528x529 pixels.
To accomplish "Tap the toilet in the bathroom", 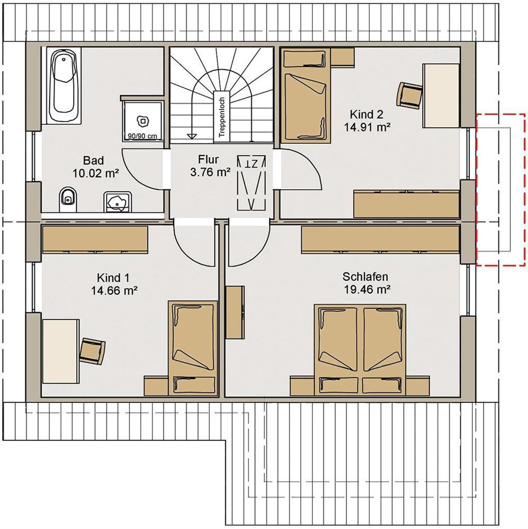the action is tap(69, 200).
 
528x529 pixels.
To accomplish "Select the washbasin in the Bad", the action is tap(118, 202).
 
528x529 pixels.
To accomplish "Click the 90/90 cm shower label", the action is tap(142, 136).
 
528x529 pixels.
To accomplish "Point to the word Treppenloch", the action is tap(222, 118).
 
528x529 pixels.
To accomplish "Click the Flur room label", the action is tap(208, 159).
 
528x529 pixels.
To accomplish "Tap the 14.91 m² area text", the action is tap(367, 127).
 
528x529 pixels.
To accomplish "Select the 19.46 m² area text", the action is tap(367, 289).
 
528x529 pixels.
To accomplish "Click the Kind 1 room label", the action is tap(113, 278).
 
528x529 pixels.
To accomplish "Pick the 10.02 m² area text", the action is tap(95, 173).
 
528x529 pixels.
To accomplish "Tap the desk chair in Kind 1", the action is tap(92, 351).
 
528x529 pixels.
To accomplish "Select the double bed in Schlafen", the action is tap(359, 350).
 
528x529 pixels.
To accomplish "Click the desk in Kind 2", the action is tap(441, 95).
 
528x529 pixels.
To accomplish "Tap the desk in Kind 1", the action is tap(60, 351).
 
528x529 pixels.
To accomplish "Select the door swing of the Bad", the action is tap(142, 168).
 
